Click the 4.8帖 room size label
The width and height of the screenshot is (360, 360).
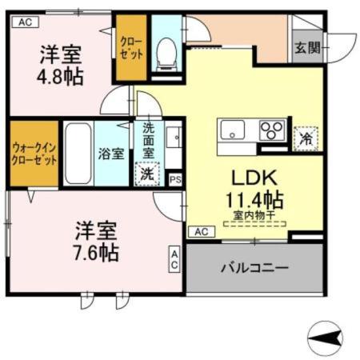coord(62,78)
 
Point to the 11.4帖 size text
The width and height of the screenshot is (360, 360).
coord(255,198)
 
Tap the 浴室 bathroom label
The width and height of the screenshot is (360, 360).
coord(111,154)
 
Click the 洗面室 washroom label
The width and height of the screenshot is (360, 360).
coord(150,140)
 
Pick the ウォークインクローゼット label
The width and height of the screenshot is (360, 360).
coord(34,154)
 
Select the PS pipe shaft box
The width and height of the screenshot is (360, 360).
coord(175,180)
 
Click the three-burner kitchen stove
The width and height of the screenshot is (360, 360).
coord(272,129)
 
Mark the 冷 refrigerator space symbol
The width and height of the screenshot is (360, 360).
coord(305,138)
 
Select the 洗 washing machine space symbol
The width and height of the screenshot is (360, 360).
coord(148,172)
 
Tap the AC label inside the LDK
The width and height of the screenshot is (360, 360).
coord(202,231)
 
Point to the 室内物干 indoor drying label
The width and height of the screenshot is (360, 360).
coord(254,215)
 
